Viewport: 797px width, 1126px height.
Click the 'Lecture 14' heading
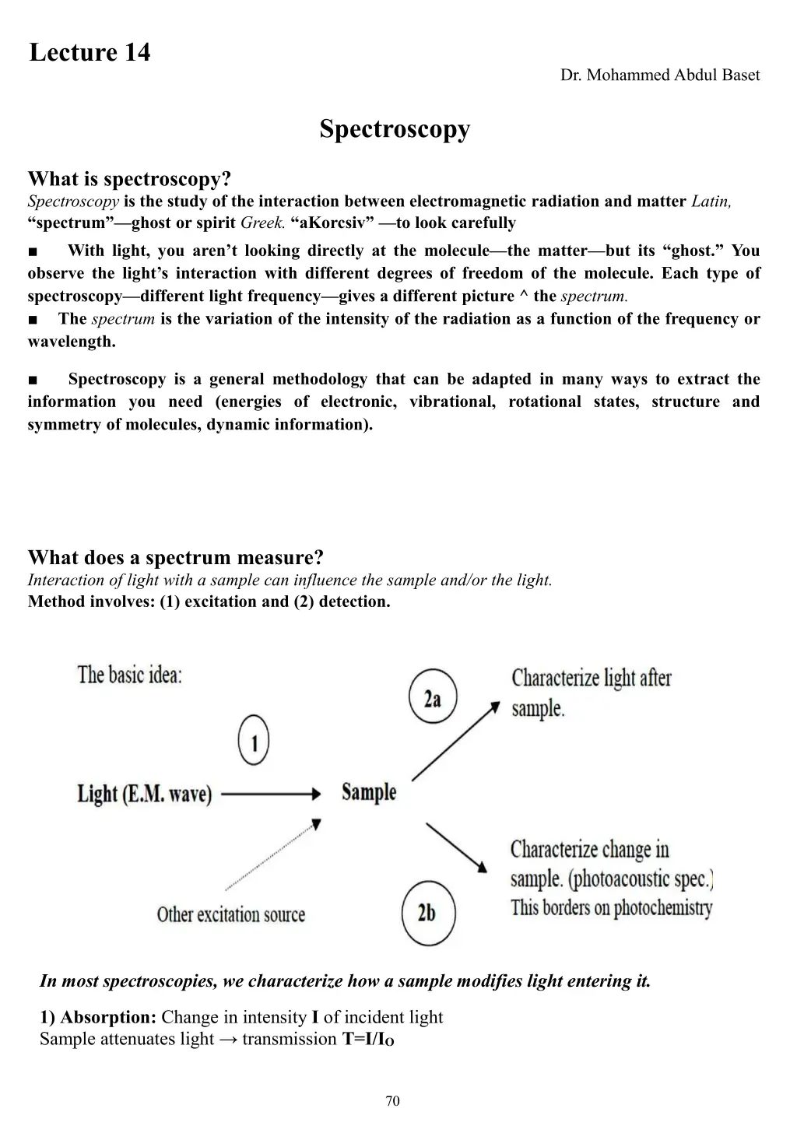[x=90, y=53]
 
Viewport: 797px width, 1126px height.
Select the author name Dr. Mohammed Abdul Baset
[x=659, y=75]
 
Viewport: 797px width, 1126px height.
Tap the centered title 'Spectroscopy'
[x=395, y=129]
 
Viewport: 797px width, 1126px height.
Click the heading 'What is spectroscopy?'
[x=129, y=179]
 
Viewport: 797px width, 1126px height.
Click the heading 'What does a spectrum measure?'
[x=175, y=557]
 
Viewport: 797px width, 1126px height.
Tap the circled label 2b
[x=427, y=912]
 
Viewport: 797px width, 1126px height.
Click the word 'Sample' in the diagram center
[x=369, y=792]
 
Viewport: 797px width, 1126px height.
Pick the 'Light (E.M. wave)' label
[x=145, y=795]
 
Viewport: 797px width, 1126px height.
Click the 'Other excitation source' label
[x=231, y=914]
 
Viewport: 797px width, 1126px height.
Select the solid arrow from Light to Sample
[x=271, y=794]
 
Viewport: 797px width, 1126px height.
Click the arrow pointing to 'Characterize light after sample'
[x=455, y=740]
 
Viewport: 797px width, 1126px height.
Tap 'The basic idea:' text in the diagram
[x=129, y=674]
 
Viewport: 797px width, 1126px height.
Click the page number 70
[x=393, y=1100]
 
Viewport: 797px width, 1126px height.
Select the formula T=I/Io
[x=368, y=1040]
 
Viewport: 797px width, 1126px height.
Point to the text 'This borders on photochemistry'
[x=612, y=908]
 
